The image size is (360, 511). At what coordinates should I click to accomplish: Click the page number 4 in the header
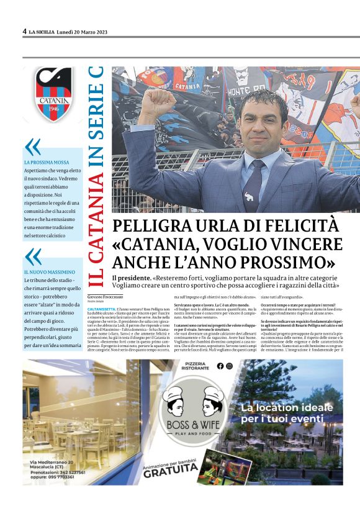24,31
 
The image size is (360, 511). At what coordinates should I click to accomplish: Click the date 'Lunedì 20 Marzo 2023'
82,31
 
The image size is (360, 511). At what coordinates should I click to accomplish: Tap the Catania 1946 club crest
53,94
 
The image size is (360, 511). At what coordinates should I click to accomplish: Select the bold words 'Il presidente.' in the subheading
131,278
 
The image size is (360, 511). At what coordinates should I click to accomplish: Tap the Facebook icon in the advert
237,366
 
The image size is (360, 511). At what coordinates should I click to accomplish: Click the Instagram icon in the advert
246,366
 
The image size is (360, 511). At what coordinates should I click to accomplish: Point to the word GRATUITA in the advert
170,472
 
